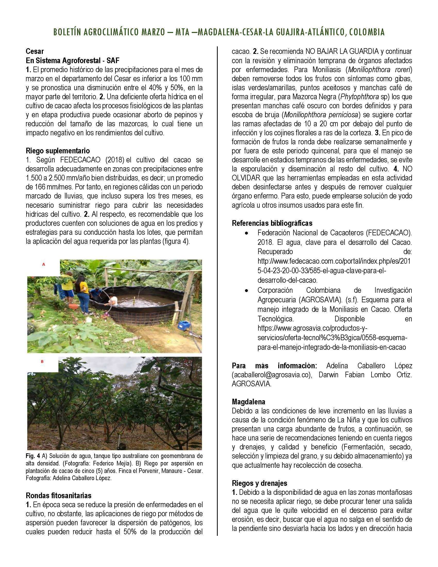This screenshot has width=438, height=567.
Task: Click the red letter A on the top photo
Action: (44, 264)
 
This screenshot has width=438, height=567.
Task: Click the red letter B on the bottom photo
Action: (42, 361)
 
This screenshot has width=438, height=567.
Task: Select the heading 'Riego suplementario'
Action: (58, 151)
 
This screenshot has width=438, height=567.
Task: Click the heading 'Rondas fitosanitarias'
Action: (58, 495)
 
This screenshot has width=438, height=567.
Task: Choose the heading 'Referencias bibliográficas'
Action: (272, 223)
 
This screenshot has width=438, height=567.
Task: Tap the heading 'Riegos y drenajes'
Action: (259, 483)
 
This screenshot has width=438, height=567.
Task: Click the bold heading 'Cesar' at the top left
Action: (35, 51)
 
